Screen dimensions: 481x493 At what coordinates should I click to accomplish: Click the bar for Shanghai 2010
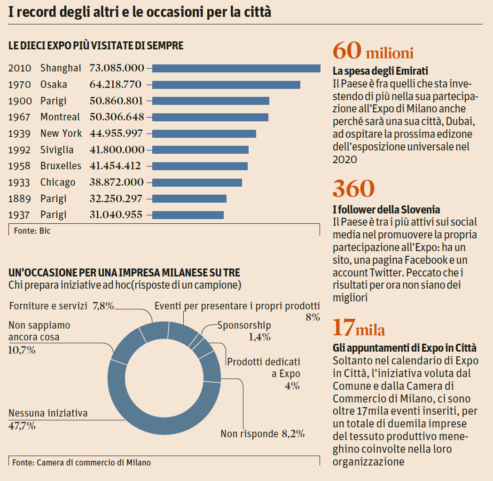click(236, 68)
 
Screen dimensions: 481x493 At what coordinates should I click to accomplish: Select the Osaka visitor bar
click(226, 85)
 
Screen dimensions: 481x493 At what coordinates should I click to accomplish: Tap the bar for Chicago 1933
click(197, 182)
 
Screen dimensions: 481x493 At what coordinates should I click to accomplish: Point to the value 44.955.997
click(116, 134)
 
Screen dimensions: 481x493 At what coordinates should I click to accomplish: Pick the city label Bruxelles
click(61, 166)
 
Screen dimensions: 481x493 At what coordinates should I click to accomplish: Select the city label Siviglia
click(57, 150)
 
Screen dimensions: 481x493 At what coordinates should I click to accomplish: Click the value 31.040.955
click(116, 215)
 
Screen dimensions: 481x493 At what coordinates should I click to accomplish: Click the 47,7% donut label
click(22, 426)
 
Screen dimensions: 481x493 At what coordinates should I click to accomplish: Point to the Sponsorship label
click(244, 325)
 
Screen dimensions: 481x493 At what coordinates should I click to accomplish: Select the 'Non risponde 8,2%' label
click(262, 434)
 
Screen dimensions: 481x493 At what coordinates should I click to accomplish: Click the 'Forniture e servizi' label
click(48, 306)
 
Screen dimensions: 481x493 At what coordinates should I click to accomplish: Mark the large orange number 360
click(353, 189)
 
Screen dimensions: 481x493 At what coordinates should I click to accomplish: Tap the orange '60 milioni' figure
click(373, 51)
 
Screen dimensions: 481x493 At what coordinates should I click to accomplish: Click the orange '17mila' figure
click(359, 328)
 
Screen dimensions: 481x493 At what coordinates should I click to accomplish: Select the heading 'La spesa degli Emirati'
click(380, 71)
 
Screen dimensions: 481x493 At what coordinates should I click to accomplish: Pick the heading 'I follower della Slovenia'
click(386, 209)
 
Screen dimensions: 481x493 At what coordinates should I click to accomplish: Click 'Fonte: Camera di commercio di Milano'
click(82, 462)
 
